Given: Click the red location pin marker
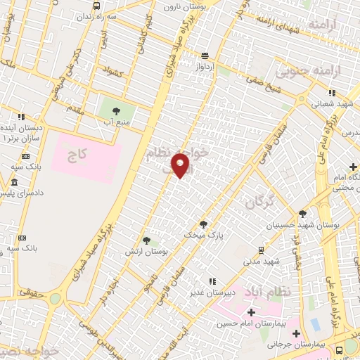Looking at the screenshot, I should (x=181, y=165).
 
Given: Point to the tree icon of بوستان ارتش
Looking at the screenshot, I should (x=146, y=240).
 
